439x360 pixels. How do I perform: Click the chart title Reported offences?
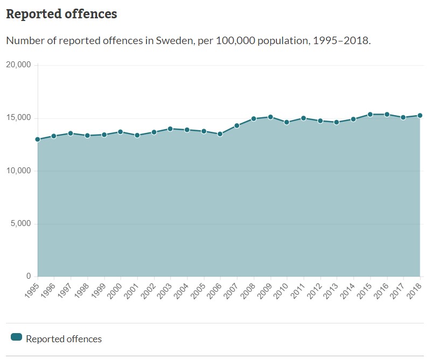point(61,14)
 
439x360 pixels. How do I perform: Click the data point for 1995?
point(38,139)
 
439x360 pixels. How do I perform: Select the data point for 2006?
point(220,134)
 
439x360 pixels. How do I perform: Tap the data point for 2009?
point(270,117)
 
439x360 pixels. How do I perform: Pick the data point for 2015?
point(370,114)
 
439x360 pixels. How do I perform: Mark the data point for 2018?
point(420,115)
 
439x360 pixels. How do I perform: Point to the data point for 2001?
point(137,135)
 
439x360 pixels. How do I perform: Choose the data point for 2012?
point(320,121)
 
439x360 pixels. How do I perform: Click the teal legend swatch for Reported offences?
point(16,337)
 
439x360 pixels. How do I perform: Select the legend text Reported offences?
point(64,339)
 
